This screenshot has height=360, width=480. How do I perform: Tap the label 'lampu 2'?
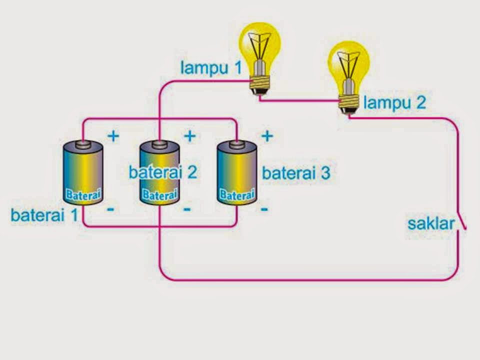click(x=395, y=103)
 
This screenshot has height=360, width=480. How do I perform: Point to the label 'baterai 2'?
click(x=162, y=172)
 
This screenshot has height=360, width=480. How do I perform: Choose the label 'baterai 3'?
click(x=296, y=173)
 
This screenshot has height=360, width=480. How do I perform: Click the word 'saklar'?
click(x=431, y=223)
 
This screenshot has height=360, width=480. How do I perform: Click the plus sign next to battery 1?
click(x=113, y=136)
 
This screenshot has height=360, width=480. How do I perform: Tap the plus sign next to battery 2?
click(x=190, y=136)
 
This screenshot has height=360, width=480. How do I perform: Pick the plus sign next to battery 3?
click(x=267, y=135)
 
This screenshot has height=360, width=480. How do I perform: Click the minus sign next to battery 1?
click(x=110, y=209)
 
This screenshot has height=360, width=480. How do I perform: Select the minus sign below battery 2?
click(x=187, y=209)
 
